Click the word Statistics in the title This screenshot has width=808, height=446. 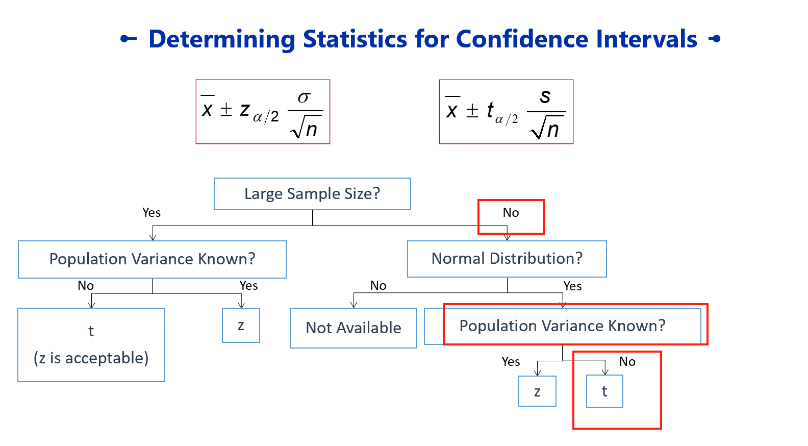[356, 39]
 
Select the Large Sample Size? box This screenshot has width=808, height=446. [312, 194]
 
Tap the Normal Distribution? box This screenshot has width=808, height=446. [507, 259]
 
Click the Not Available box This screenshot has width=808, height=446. [353, 328]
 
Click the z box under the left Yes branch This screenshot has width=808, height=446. [241, 325]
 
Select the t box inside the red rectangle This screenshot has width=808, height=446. [604, 391]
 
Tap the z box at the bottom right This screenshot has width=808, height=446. [538, 391]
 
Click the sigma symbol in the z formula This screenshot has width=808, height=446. [304, 97]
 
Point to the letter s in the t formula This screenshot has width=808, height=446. [545, 96]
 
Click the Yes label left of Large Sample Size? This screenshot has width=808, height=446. [151, 212]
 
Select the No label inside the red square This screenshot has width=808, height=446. [511, 212]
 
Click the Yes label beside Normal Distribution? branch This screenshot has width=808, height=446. [573, 286]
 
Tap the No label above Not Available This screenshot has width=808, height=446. [378, 286]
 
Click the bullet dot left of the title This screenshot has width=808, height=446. [124, 39]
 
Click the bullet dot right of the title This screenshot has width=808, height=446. [716, 39]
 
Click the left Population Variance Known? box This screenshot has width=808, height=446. [152, 259]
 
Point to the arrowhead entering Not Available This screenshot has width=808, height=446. [354, 305]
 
